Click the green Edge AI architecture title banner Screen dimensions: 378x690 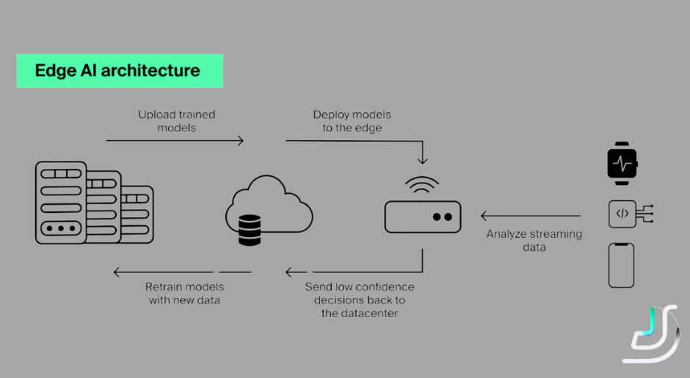[x=120, y=71]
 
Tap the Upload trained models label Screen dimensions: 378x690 [x=176, y=121]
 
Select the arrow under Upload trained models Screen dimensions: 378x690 [x=175, y=140]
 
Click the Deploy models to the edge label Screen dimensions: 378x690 [x=352, y=121]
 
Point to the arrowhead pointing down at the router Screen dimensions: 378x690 [x=423, y=159]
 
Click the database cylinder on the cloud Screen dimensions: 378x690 [x=250, y=230]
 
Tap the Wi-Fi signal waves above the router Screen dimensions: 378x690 [x=423, y=185]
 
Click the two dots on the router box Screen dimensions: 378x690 [x=442, y=217]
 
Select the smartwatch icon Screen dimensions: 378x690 [x=622, y=163]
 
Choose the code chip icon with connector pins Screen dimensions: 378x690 [x=628, y=214]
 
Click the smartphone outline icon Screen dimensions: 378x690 [x=621, y=265]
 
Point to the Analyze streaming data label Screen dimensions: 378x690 [x=534, y=241]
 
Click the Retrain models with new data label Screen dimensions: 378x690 [x=184, y=293]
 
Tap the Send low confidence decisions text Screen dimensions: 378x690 [x=359, y=299]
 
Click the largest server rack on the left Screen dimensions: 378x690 [x=60, y=203]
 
